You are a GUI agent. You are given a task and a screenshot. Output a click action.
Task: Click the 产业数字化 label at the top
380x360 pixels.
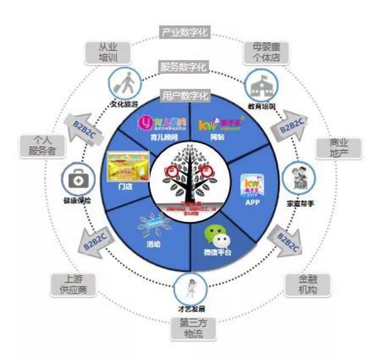184,32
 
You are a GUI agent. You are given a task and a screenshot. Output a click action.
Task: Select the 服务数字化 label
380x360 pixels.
184,67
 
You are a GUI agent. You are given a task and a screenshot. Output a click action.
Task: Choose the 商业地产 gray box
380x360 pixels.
338,148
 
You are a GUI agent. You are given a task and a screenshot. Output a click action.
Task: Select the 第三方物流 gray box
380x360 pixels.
190,328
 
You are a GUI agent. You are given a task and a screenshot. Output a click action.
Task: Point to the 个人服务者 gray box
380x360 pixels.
41,145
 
